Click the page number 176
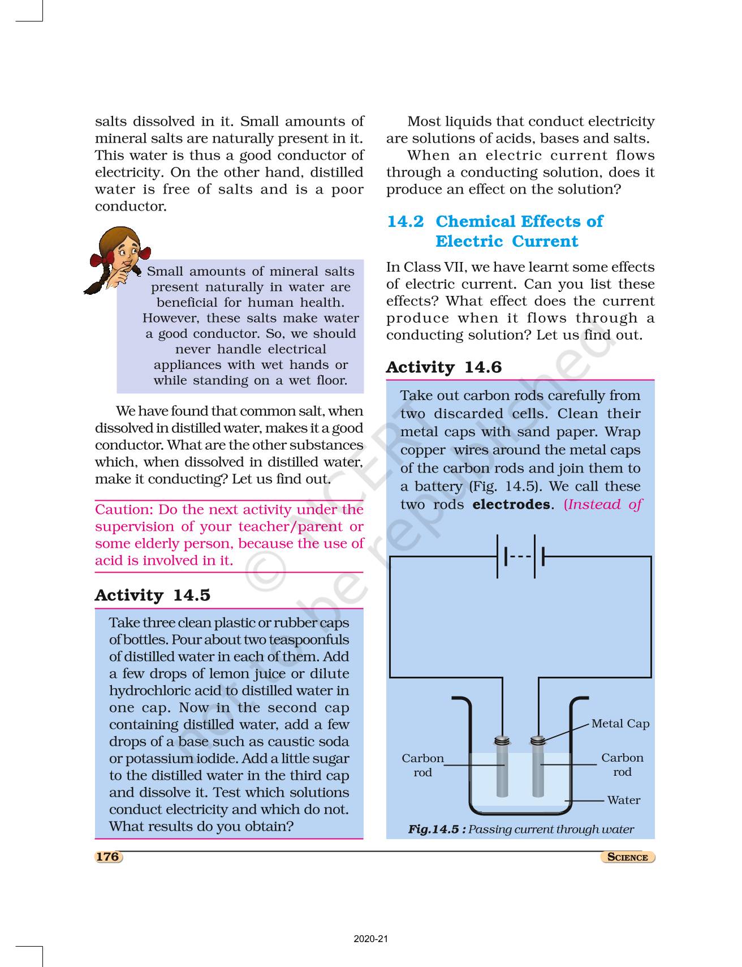click(107, 857)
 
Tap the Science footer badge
click(627, 857)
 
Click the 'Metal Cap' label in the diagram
click(620, 724)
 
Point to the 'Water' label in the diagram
click(623, 800)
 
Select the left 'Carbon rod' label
click(422, 765)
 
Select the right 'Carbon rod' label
click(622, 765)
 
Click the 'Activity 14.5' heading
click(152, 595)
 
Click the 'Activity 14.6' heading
click(443, 368)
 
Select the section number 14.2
click(405, 221)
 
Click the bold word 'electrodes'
click(511, 505)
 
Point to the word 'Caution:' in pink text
click(124, 510)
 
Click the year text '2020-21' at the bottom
click(371, 939)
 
